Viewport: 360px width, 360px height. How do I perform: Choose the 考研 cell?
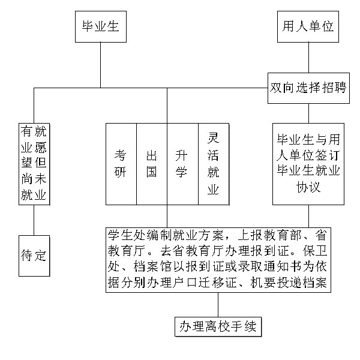click(x=121, y=163)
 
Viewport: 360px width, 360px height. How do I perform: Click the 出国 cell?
click(x=152, y=163)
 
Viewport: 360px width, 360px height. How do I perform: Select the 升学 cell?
click(x=182, y=163)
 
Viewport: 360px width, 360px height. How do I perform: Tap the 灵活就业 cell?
click(x=213, y=163)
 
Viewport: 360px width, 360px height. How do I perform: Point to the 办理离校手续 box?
click(x=218, y=327)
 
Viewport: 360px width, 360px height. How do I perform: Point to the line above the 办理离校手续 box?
click(x=218, y=305)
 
